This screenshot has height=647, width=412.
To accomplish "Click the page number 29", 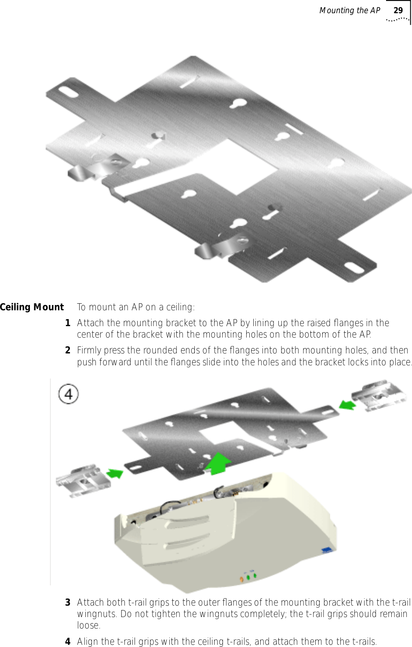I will click(398, 10).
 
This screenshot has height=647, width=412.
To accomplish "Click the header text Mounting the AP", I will click(350, 10).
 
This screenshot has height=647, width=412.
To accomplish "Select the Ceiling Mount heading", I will click(32, 307).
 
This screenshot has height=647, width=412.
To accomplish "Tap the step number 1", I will click(68, 323).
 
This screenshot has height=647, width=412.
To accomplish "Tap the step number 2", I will click(68, 350).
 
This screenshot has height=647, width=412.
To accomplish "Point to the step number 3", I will click(68, 602).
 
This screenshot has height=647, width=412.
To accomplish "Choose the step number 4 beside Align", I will click(68, 641).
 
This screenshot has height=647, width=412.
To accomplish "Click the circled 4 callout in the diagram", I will click(69, 394).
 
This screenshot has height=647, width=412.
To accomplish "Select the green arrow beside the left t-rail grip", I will click(115, 473).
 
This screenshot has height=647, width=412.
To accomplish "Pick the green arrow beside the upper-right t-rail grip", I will click(347, 404).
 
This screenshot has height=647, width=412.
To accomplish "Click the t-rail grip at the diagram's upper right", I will click(378, 395).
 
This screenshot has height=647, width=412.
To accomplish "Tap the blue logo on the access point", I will click(327, 549).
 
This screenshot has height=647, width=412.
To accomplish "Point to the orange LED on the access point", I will click(241, 578).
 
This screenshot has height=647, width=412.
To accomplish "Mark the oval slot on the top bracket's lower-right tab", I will click(353, 268).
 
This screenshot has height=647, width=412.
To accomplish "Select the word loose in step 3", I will click(88, 625).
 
